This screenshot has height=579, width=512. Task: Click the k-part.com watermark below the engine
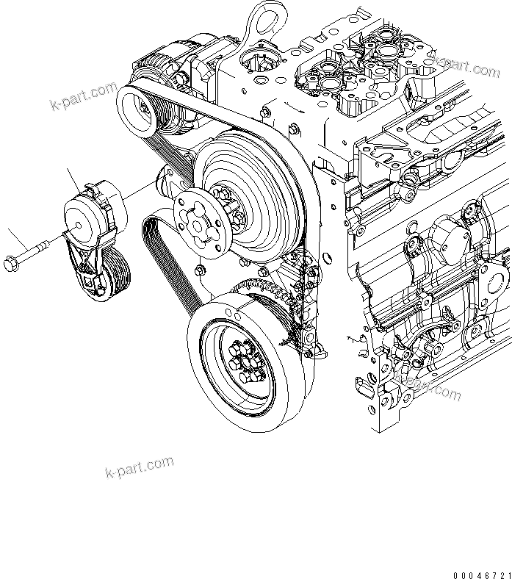[x=140, y=466]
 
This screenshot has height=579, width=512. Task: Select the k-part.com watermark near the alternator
[x=83, y=96]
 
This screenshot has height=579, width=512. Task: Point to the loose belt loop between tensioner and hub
[x=163, y=250]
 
